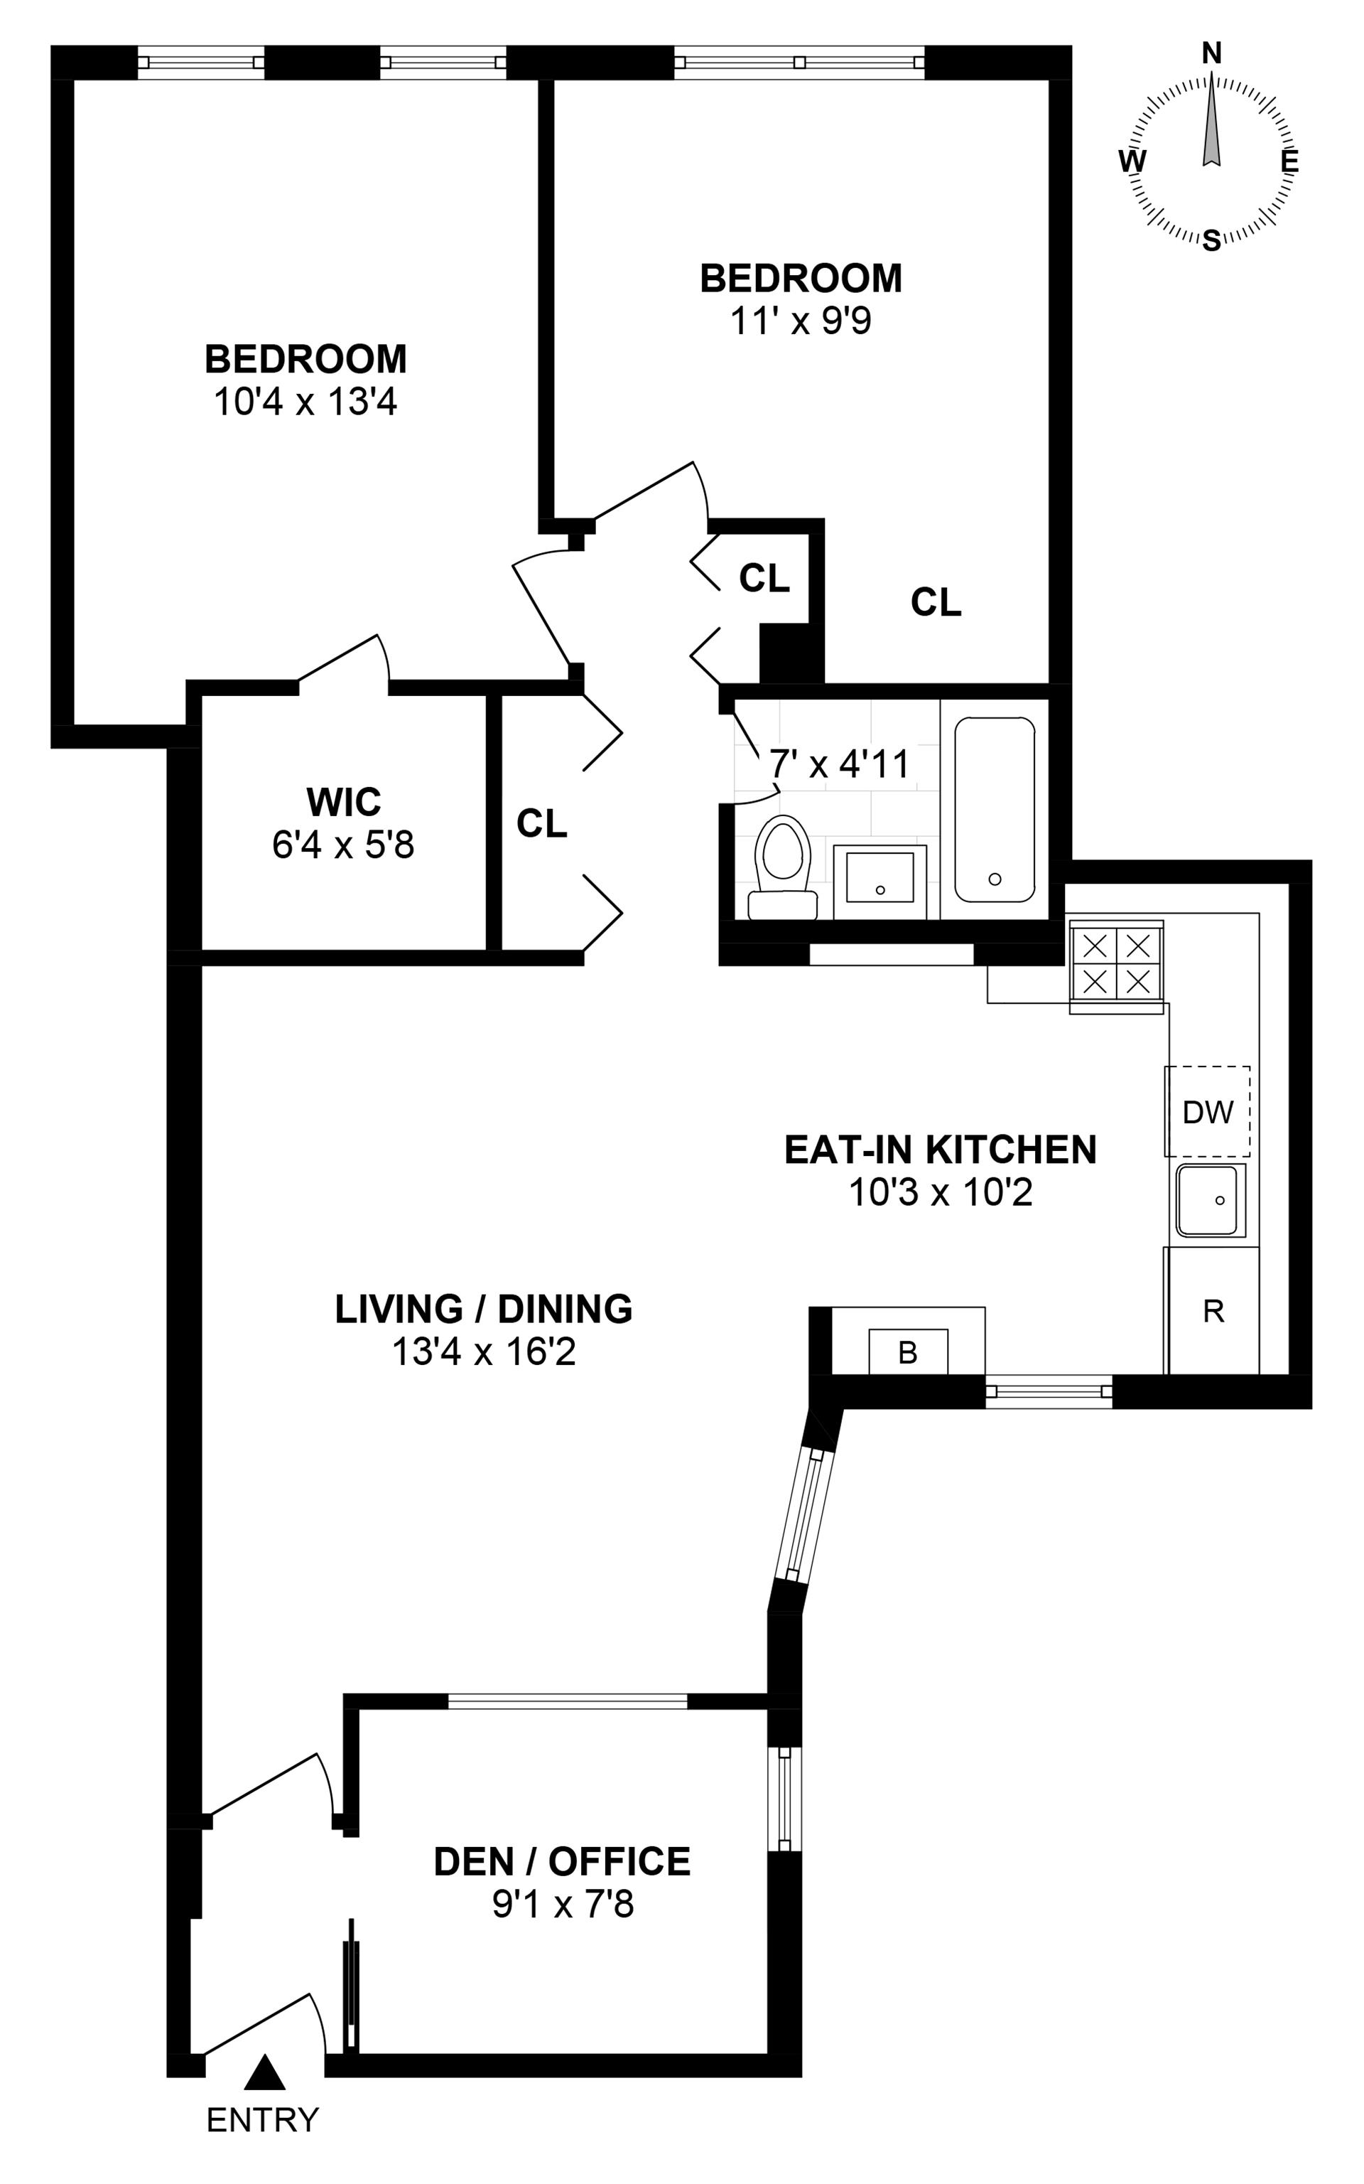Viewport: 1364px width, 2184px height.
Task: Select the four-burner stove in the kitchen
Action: click(1116, 967)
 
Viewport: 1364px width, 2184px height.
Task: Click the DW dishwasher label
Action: click(1207, 1112)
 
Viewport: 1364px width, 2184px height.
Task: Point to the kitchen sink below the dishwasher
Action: click(1209, 1200)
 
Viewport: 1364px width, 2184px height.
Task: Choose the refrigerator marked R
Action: click(1213, 1310)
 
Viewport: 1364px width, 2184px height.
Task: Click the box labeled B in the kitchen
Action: click(907, 1352)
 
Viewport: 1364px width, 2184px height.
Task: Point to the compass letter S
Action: click(1211, 240)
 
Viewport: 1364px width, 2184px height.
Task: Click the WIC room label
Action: click(344, 801)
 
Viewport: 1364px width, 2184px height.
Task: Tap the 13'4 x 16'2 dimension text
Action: click(484, 1352)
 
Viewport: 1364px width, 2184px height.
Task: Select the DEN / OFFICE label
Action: click(562, 1861)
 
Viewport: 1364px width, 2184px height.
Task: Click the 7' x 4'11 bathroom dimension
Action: click(839, 764)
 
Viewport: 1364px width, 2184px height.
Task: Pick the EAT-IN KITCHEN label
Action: click(940, 1149)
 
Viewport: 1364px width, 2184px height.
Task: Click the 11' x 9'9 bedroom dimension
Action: click(800, 321)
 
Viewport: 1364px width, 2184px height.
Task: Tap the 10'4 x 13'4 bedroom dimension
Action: click(305, 402)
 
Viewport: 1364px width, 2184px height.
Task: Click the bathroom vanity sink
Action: click(879, 882)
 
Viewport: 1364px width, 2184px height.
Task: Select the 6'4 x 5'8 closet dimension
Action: click(343, 845)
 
